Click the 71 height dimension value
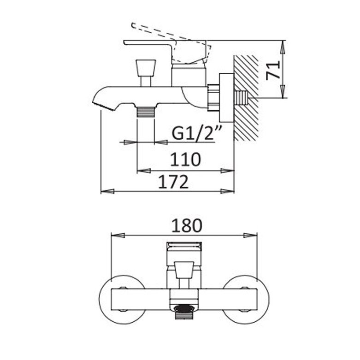273,70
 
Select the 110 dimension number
185,159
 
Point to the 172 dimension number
173,182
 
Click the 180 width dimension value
187,225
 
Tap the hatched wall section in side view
246,98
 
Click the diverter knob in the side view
146,73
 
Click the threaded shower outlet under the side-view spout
146,112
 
